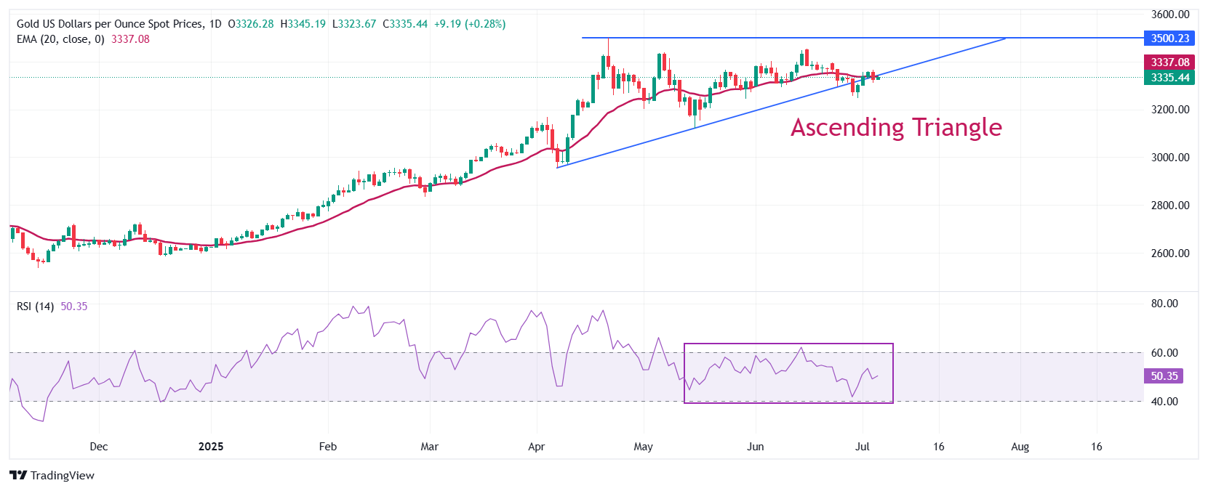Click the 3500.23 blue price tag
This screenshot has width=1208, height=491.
(x=1169, y=38)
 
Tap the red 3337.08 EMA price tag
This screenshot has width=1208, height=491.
(x=1169, y=62)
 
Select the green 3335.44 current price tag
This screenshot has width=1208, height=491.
(x=1169, y=78)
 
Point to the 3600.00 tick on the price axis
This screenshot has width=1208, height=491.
(x=1169, y=15)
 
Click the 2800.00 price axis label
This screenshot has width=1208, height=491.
(x=1169, y=206)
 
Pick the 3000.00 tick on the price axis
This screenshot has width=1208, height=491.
(x=1169, y=158)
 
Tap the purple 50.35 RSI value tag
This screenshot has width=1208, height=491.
(x=1164, y=376)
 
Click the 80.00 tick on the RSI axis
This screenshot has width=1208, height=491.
(x=1164, y=304)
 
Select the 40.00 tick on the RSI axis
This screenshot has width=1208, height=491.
(x=1164, y=402)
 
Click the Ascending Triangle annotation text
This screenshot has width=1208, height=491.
(x=896, y=128)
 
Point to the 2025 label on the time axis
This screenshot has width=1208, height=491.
(x=211, y=447)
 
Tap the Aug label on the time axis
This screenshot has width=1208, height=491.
(x=1020, y=447)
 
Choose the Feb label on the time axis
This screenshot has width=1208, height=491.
(x=328, y=447)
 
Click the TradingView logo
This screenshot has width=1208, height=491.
(x=52, y=476)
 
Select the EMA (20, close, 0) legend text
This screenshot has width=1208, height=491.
(x=60, y=39)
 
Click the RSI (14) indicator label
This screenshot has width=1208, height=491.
(x=35, y=307)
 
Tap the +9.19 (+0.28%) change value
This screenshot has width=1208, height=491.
(x=470, y=24)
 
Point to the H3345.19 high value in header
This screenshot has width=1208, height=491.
(x=303, y=24)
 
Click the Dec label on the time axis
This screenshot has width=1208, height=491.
(x=99, y=447)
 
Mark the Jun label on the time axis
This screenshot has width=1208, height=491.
(x=756, y=447)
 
